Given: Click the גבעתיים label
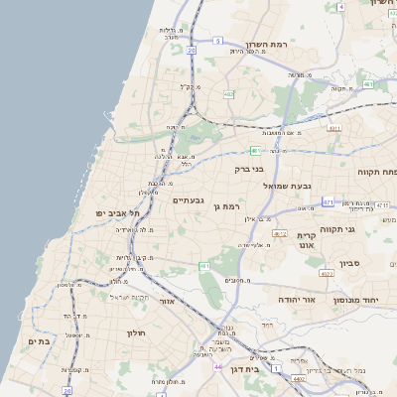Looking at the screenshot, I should point(189,200).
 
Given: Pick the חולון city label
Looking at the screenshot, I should point(137,332).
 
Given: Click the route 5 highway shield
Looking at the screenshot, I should point(217,41).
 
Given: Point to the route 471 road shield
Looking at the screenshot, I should point(328,201).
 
